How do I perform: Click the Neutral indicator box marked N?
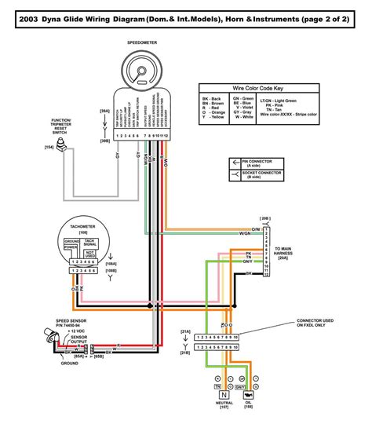coord(222,396)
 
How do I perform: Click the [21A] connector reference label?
coord(184,333)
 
